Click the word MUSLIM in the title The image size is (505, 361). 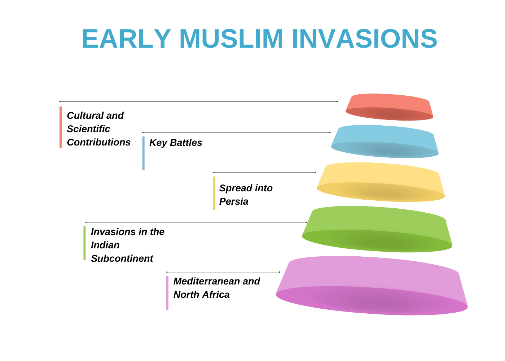coord(231,39)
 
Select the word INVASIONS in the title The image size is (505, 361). coord(364,39)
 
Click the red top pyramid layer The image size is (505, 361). coord(389,107)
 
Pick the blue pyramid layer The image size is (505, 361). coord(385,142)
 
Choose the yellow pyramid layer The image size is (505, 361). coord(381,182)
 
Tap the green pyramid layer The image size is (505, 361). coord(377,229)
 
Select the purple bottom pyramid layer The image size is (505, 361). coord(372,286)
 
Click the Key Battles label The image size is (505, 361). coord(176,143)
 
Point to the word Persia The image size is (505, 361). coord(234,201)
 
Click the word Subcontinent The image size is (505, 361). coord(122,258)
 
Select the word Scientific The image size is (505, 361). coord(88,129)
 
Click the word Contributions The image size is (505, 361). coord(99,142)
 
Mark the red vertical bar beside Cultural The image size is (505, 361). coord(61,127)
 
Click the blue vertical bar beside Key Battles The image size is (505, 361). coord(144,153)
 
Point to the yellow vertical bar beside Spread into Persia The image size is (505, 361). coord(214,193)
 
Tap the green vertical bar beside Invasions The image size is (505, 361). coord(84,243)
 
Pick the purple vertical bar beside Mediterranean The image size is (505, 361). coord(167,293)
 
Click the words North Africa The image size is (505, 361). coord(202,295)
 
